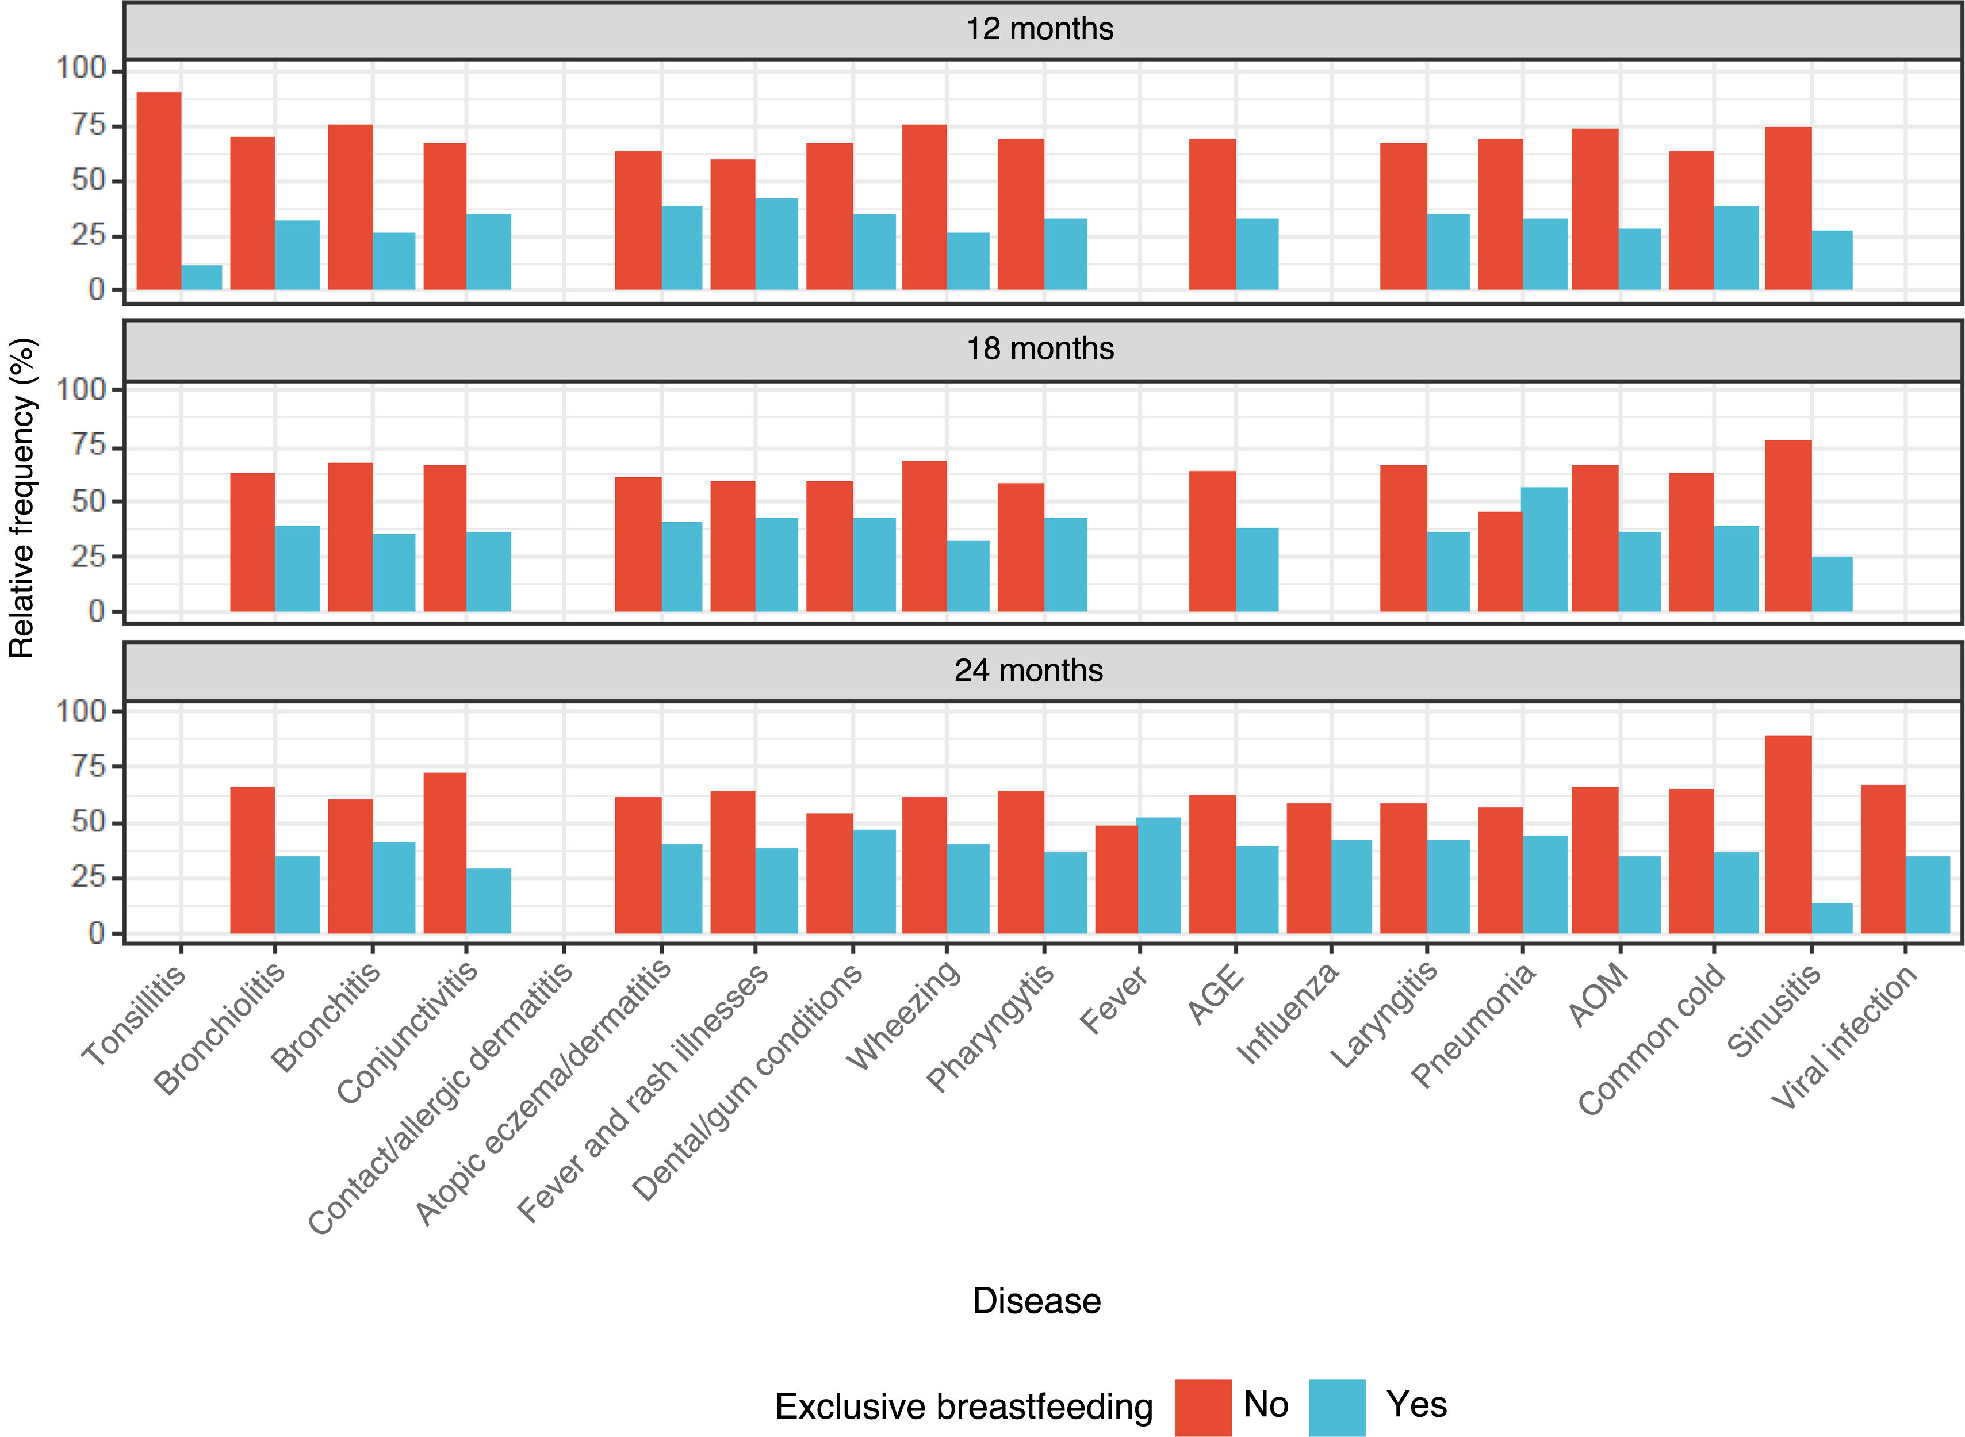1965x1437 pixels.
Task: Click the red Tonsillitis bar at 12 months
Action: pos(159,190)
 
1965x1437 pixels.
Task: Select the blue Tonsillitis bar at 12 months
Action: pos(202,278)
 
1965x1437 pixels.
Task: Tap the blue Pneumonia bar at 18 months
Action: pos(1545,550)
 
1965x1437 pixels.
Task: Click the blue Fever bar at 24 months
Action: pos(1159,875)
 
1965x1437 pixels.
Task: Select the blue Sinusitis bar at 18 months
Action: pos(1832,585)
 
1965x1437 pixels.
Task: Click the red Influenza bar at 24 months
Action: pos(1309,868)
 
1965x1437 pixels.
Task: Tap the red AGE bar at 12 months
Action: pos(1213,214)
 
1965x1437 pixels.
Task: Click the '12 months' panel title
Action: pos(1040,29)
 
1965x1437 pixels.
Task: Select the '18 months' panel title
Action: pos(1040,349)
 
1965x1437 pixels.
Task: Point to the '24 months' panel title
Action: pos(1029,670)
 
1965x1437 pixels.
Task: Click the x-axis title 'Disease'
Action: pos(1037,1301)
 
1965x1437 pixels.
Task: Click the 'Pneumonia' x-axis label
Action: pos(1473,1025)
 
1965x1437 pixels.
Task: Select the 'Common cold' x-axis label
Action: pos(1652,1039)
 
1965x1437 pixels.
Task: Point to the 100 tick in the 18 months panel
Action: pos(81,389)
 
